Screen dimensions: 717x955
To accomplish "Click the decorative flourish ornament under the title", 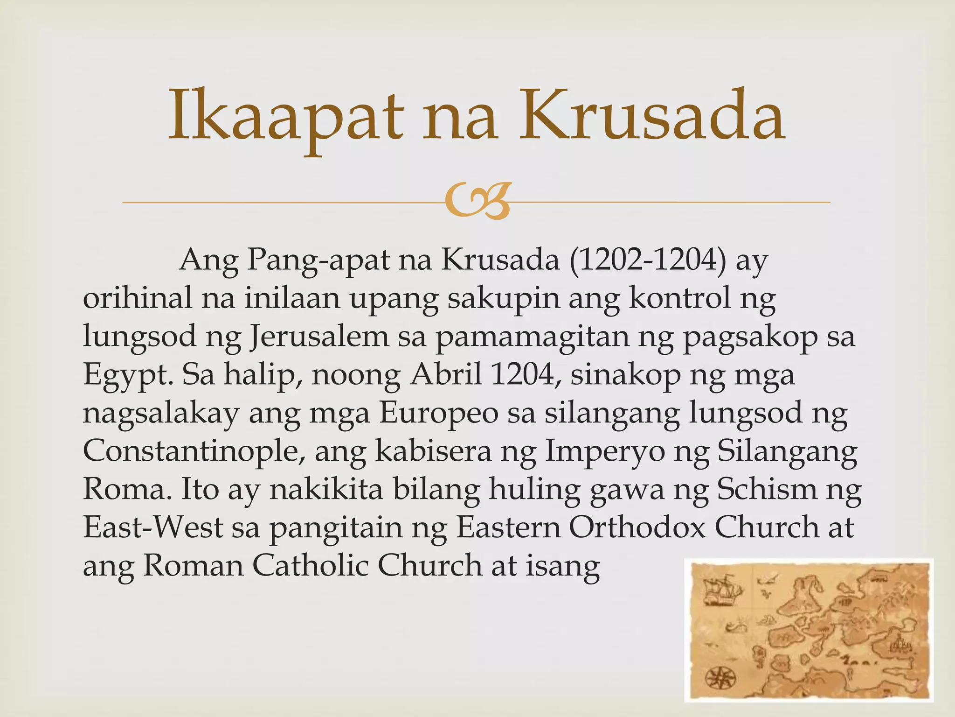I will (476, 202).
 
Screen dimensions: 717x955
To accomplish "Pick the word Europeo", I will (438, 413).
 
